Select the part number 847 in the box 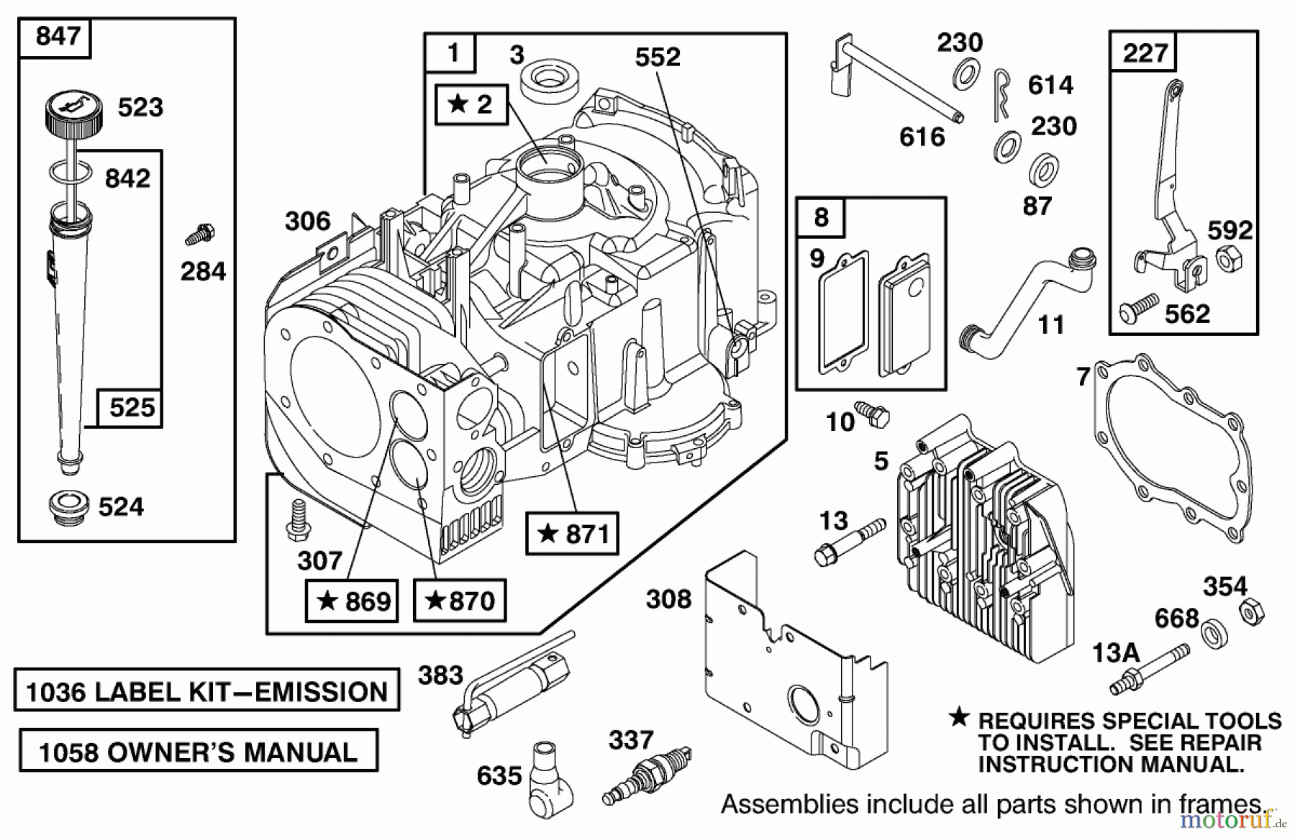(58, 35)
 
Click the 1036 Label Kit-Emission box (206, 691)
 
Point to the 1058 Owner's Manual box (198, 752)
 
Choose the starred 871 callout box (572, 534)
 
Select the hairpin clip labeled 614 (1001, 93)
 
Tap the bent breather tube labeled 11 (1029, 295)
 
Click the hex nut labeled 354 (1251, 613)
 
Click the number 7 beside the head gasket (1083, 376)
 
